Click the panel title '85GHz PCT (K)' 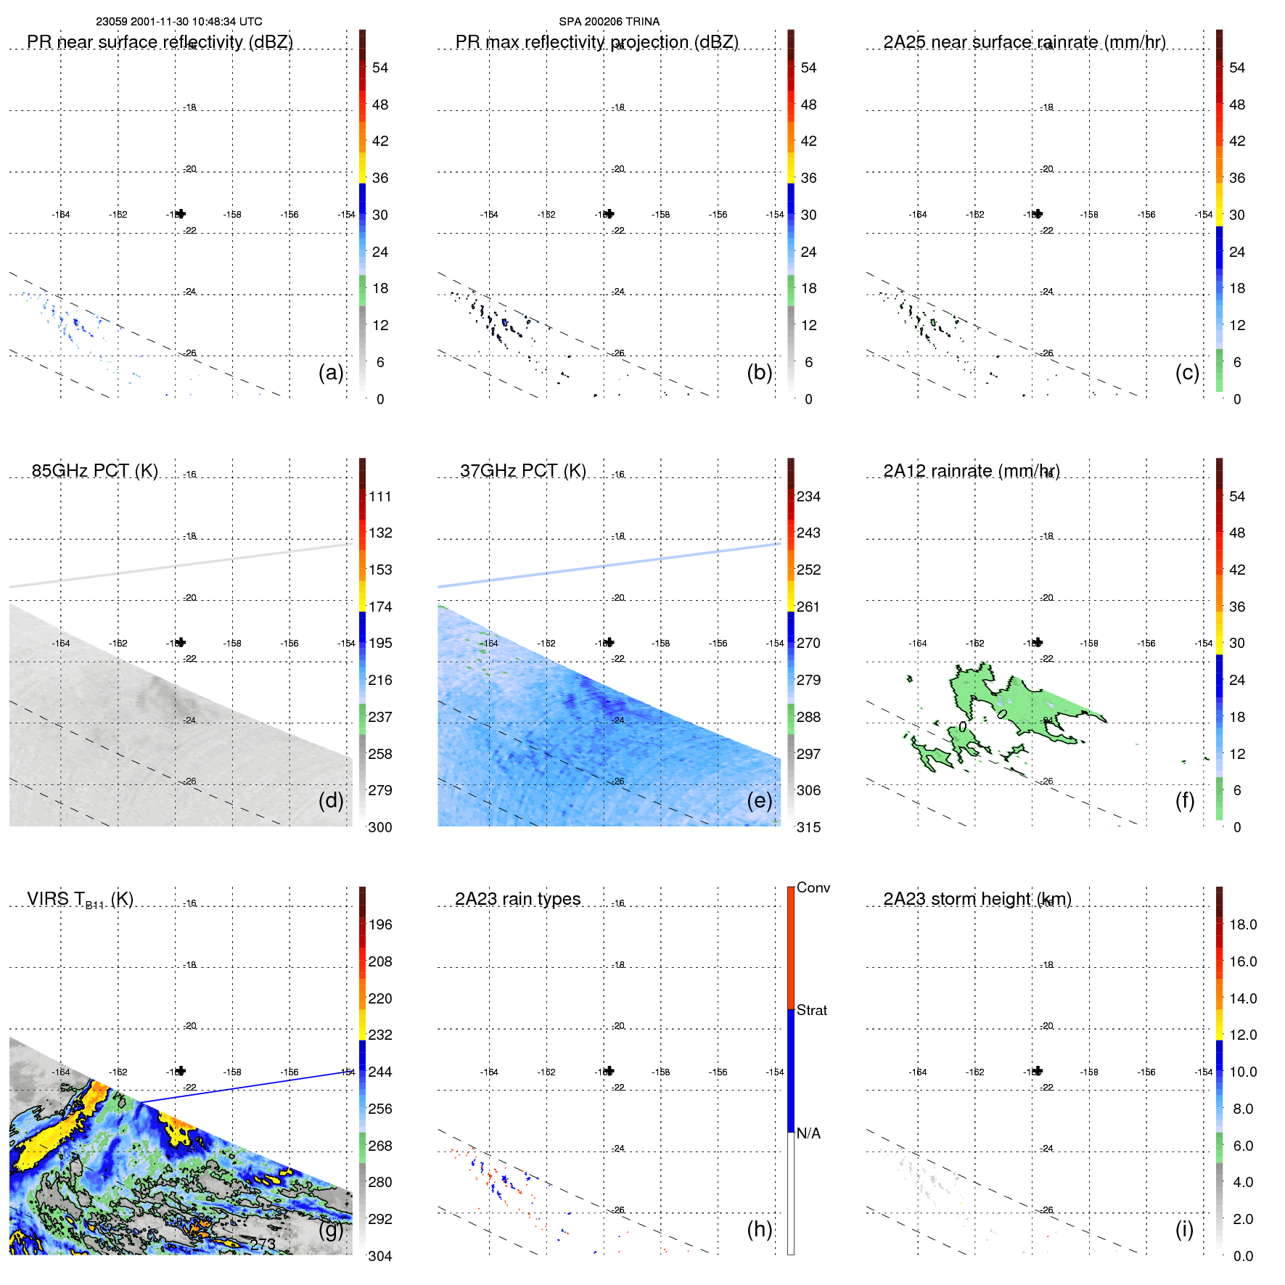pyautogui.click(x=94, y=471)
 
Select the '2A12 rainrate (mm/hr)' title pyautogui.click(x=972, y=471)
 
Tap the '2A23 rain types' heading pyautogui.click(x=517, y=899)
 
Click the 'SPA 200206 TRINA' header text pyautogui.click(x=609, y=22)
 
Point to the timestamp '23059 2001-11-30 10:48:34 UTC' pyautogui.click(x=179, y=22)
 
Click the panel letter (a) pyautogui.click(x=331, y=372)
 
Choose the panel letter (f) pyautogui.click(x=1185, y=800)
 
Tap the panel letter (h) pyautogui.click(x=760, y=1229)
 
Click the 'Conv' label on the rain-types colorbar pyautogui.click(x=813, y=887)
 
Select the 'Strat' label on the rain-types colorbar pyautogui.click(x=811, y=1010)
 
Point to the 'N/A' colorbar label pyautogui.click(x=808, y=1133)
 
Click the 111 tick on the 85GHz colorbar pyautogui.click(x=380, y=497)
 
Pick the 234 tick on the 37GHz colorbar pyautogui.click(x=808, y=497)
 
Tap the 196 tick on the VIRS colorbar pyautogui.click(x=380, y=925)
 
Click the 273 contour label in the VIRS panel pyautogui.click(x=263, y=1244)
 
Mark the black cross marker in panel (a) pyautogui.click(x=181, y=213)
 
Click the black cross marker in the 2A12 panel pyautogui.click(x=1038, y=642)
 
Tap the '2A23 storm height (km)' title pyautogui.click(x=977, y=899)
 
